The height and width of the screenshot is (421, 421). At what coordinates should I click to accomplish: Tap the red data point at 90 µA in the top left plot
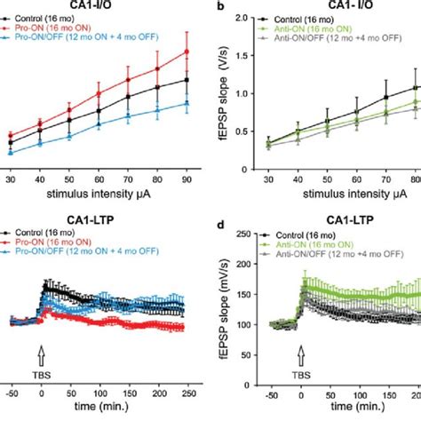187,51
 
